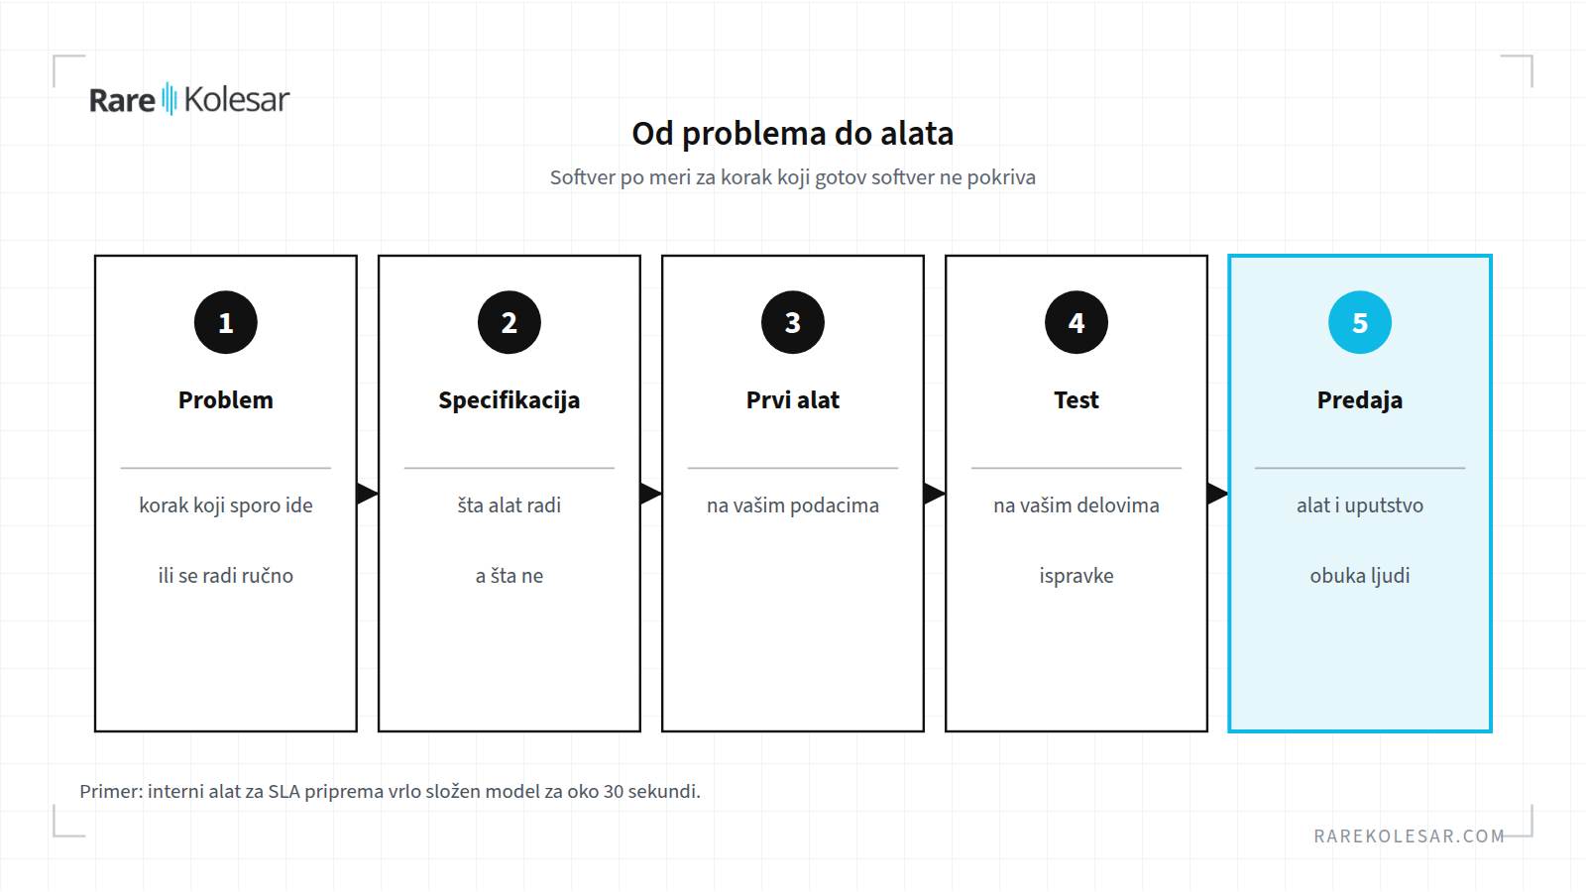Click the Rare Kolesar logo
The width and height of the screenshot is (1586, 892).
tap(189, 99)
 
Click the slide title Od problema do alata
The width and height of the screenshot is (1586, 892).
tap(793, 134)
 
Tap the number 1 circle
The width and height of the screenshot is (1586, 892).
tap(226, 322)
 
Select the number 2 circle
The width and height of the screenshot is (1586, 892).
tap(510, 322)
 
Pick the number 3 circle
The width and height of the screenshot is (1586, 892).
tap(793, 322)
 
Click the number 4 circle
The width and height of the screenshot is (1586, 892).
tap(1076, 322)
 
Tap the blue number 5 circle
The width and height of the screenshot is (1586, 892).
tap(1359, 322)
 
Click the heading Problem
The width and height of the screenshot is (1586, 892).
tap(226, 400)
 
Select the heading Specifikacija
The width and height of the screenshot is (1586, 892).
tap(510, 400)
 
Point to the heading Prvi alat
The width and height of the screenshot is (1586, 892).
tap(793, 400)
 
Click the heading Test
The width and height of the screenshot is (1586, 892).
tap(1076, 400)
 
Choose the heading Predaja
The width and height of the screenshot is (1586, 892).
tap(1359, 400)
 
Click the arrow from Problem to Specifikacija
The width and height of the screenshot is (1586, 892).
tap(368, 494)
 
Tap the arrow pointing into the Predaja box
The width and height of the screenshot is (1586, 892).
tap(1218, 494)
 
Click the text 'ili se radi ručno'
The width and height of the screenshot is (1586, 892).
tap(226, 576)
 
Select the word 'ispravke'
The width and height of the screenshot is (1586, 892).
tap(1076, 576)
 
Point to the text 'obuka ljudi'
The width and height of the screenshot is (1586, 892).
tap(1359, 576)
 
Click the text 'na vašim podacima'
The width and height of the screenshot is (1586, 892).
tap(793, 505)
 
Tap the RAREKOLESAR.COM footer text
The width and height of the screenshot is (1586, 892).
tap(1409, 836)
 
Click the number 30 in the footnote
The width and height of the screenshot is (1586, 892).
tap(614, 792)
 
